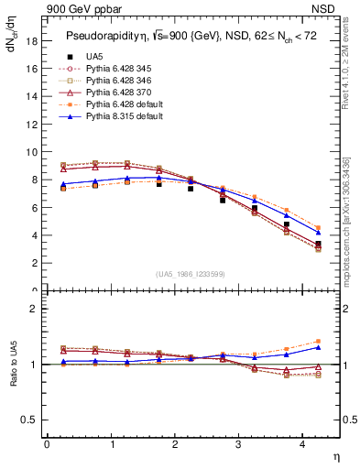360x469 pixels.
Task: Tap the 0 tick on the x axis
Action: tap(47, 444)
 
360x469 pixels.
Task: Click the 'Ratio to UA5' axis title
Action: tap(13, 376)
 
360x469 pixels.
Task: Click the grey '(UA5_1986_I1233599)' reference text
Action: tap(193, 274)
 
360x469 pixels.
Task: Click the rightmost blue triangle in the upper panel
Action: tap(318, 233)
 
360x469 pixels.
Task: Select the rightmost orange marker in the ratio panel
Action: tap(318, 341)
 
